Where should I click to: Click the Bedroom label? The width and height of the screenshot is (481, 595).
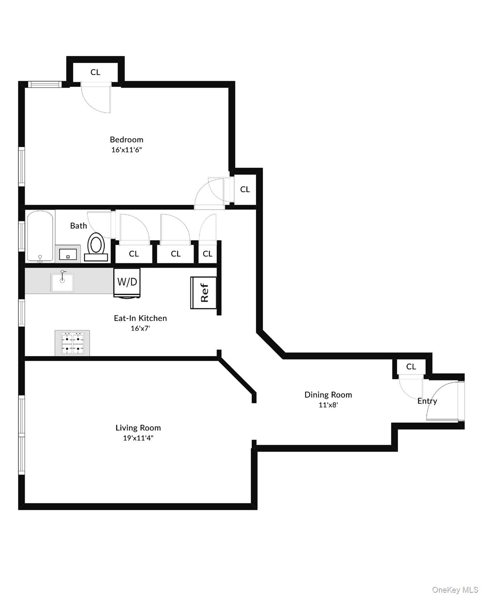click(x=126, y=139)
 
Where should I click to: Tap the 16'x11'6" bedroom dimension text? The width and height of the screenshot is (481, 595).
click(x=127, y=150)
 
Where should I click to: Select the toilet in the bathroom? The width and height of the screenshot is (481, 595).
click(x=96, y=247)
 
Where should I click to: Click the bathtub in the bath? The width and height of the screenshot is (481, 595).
click(x=40, y=236)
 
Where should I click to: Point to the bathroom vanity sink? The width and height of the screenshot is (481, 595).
click(x=68, y=255)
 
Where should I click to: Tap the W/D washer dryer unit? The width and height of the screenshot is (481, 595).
click(x=127, y=282)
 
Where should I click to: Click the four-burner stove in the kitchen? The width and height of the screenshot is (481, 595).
click(x=72, y=343)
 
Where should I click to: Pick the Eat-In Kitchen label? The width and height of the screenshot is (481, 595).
click(x=140, y=318)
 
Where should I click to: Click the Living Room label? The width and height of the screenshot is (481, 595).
click(x=138, y=428)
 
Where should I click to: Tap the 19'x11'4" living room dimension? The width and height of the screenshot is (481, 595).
click(x=138, y=438)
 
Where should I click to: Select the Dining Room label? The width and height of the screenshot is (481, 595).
click(x=328, y=395)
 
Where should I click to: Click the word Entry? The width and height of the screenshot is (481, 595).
click(x=427, y=401)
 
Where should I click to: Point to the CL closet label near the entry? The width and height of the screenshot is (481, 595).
click(x=411, y=366)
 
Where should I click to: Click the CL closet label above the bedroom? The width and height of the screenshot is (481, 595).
click(x=95, y=72)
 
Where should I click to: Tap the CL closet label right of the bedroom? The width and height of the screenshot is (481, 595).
click(x=245, y=189)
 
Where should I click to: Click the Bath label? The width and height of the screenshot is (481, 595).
click(x=78, y=225)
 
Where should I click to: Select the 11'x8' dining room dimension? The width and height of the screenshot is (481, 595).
click(x=328, y=405)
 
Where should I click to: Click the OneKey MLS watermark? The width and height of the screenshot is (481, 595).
click(x=455, y=590)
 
